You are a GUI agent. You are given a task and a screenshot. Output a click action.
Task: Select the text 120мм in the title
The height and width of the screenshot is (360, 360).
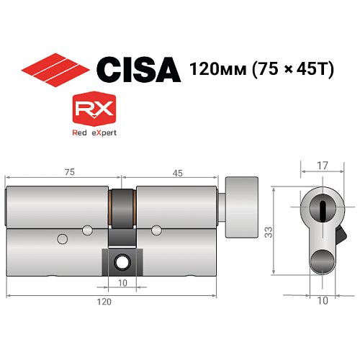(211, 71)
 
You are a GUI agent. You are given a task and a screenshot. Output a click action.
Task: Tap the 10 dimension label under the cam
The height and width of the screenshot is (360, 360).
(123, 283)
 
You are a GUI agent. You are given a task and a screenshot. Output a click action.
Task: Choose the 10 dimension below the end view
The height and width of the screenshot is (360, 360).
(321, 300)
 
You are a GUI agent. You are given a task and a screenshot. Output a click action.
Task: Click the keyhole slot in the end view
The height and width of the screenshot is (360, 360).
(322, 210)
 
